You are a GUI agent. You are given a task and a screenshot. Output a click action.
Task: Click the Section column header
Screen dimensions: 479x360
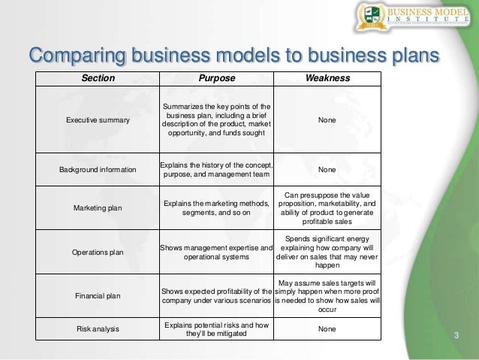pyautogui.click(x=98, y=78)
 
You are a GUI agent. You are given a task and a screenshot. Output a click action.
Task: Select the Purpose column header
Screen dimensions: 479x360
pyautogui.click(x=216, y=78)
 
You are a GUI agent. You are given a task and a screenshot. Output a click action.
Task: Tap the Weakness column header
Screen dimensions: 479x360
pyautogui.click(x=327, y=78)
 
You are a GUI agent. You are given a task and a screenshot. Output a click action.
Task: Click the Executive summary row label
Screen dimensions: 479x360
pyautogui.click(x=98, y=119)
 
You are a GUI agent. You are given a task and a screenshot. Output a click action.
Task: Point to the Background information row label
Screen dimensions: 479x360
pyautogui.click(x=98, y=170)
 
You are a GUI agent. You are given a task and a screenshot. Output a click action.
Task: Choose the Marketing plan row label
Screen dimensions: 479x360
pyautogui.click(x=98, y=207)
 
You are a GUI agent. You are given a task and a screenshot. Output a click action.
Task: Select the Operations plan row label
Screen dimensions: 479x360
pyautogui.click(x=98, y=253)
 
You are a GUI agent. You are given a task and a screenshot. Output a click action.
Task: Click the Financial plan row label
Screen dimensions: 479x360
pyautogui.click(x=98, y=296)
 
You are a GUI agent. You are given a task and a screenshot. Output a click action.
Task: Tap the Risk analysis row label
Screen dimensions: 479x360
pyautogui.click(x=98, y=329)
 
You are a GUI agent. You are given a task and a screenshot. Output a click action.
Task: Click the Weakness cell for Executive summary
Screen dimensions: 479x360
pyautogui.click(x=327, y=119)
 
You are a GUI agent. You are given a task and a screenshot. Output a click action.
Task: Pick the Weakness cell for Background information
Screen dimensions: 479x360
pyautogui.click(x=327, y=170)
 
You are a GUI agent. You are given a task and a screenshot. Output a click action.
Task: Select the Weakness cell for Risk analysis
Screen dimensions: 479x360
pyautogui.click(x=327, y=329)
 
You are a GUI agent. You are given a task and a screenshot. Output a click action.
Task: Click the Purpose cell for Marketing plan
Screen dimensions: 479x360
pyautogui.click(x=216, y=207)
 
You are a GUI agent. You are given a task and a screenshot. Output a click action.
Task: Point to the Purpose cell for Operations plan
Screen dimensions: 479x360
pyautogui.click(x=216, y=253)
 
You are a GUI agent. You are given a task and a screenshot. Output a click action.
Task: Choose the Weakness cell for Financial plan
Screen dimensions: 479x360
pyautogui.click(x=327, y=296)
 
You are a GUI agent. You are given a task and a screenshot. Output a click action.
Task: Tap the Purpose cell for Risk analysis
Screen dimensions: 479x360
pyautogui.click(x=216, y=329)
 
